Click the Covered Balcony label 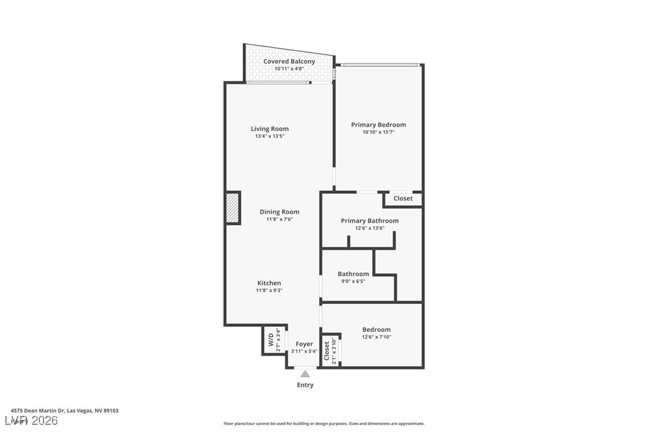(289, 61)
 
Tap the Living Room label (270, 129)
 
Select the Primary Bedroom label (378, 125)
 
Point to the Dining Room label (279, 212)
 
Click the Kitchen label (269, 283)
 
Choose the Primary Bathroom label (369, 221)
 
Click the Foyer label (304, 344)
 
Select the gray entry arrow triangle (305, 374)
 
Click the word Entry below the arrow (305, 385)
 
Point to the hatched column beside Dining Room (233, 208)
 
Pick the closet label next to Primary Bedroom (403, 199)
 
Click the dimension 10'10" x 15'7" (378, 132)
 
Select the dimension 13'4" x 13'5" (270, 136)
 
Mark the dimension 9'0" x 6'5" (353, 281)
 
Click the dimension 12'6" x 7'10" (377, 337)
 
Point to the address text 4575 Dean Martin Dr (64, 411)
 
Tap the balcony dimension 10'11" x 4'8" (289, 69)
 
